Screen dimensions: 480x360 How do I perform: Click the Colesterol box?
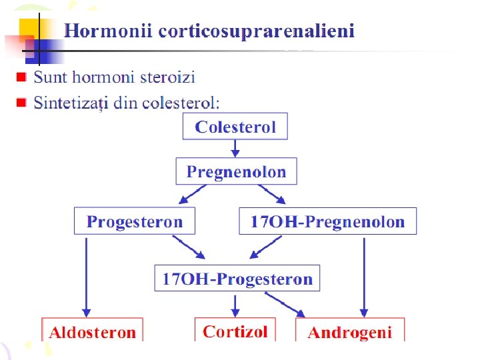pos(235,127)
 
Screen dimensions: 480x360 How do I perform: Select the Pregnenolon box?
pos(236,171)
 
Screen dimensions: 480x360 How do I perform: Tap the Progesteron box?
pos(135,221)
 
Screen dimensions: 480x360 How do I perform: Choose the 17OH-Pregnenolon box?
pos(327,221)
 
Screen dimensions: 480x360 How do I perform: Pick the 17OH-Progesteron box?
pos(237,278)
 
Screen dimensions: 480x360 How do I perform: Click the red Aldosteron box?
pos(92,331)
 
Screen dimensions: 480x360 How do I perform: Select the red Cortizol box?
pos(235,330)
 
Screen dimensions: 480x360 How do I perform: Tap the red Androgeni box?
pos(349,331)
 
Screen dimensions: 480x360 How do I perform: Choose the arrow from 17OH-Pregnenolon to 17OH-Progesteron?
pos(263,249)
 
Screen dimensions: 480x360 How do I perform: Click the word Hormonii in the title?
pos(109,31)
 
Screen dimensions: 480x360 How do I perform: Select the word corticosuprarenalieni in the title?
pos(257,32)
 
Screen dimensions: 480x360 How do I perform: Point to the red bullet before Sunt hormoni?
pos(21,77)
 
